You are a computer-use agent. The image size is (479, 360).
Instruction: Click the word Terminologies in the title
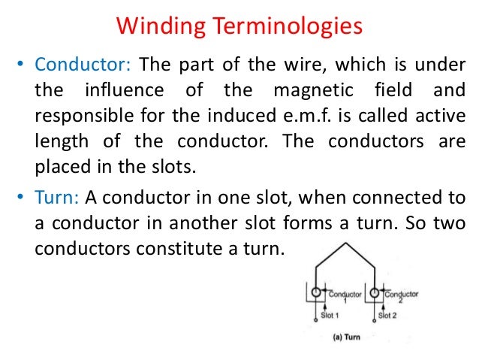(291, 28)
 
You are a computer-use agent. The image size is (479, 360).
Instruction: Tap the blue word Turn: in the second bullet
(57, 197)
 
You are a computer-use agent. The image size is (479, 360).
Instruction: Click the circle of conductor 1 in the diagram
(318, 292)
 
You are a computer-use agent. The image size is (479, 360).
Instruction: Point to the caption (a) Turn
(346, 337)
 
